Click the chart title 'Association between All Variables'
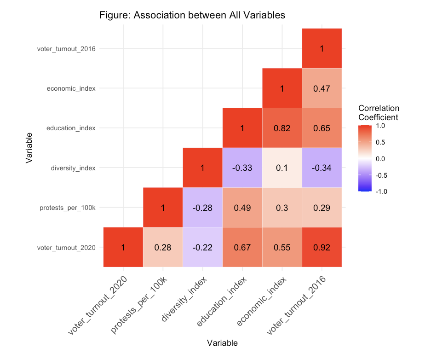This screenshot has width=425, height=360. point(192,15)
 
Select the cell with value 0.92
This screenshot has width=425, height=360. point(322,247)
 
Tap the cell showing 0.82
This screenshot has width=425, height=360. point(282,128)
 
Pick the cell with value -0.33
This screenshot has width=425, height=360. point(242,168)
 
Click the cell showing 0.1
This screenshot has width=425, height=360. point(282,168)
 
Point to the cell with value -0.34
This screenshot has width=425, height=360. point(322,168)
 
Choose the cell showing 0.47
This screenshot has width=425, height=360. point(322,88)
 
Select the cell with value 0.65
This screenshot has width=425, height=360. point(322,128)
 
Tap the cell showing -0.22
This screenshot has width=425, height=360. point(202,247)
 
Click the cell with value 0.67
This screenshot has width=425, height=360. point(242,247)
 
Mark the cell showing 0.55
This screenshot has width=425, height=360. point(282,247)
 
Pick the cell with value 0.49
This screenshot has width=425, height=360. point(242,208)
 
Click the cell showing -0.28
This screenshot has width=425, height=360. point(202,208)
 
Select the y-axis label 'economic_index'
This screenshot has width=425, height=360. point(71,88)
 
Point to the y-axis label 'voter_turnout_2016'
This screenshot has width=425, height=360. point(66,48)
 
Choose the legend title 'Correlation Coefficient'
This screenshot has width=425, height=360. point(379,113)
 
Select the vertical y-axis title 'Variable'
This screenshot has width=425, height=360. point(29,148)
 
